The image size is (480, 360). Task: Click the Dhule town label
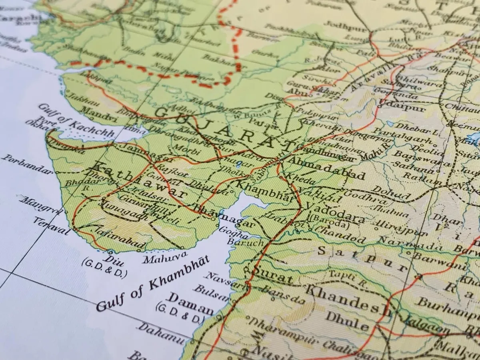[x=346, y=320]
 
